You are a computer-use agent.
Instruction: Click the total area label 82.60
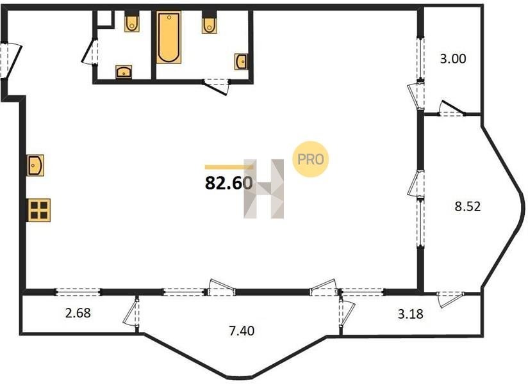[229, 183]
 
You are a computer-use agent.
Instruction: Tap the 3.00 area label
[453, 59]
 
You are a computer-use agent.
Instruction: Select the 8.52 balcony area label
[467, 206]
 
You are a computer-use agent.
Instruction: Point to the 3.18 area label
[411, 314]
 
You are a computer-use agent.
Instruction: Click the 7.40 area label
[242, 331]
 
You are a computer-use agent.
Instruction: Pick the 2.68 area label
[78, 313]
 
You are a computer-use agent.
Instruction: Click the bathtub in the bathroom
[169, 37]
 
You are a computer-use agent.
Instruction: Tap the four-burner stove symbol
[38, 210]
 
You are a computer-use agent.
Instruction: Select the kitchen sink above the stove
[36, 165]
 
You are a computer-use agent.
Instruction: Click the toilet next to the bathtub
[210, 22]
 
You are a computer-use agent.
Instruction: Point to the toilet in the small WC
[132, 21]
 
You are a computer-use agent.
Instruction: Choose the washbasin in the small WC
[124, 72]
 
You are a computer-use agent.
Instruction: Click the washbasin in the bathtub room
[241, 61]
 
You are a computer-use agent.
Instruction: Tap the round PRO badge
[310, 159]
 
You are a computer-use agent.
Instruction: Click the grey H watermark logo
[264, 189]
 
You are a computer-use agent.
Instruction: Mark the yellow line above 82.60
[229, 167]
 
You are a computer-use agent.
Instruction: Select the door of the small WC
[89, 52]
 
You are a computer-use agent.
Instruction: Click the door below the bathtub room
[216, 86]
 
